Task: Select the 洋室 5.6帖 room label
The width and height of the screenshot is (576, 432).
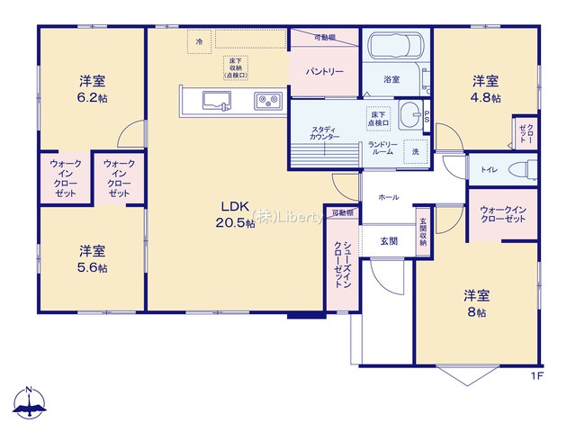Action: click(91, 257)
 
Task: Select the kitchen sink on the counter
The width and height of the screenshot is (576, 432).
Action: click(216, 100)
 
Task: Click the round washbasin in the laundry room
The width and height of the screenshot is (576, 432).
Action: click(409, 114)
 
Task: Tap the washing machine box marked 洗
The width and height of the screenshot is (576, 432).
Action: click(415, 152)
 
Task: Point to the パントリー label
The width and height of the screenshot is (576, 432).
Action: click(324, 70)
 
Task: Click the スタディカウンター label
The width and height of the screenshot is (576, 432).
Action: click(325, 133)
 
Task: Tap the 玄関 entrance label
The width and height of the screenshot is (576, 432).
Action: click(388, 239)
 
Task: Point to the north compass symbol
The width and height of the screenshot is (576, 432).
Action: click(30, 404)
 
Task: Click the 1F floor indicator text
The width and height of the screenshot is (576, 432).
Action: click(537, 375)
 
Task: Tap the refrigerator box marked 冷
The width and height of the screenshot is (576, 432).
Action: click(199, 40)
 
